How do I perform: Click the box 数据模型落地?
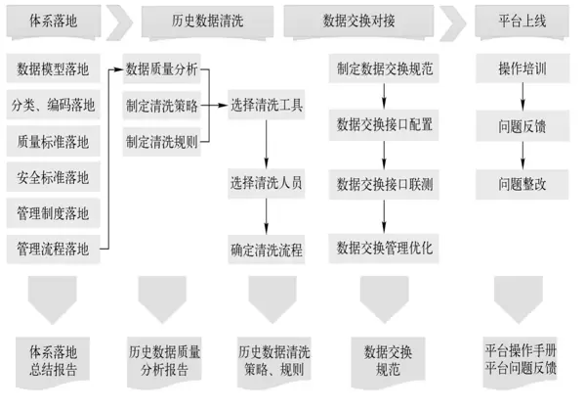click(x=53, y=68)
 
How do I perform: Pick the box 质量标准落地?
click(x=53, y=141)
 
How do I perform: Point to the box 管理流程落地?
click(x=53, y=250)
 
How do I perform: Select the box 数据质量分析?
click(x=162, y=68)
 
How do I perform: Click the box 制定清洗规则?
click(x=162, y=141)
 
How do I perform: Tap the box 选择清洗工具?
click(x=267, y=105)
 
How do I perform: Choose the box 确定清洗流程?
click(x=267, y=250)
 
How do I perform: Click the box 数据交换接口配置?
click(x=384, y=125)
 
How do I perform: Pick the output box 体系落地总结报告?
click(x=53, y=360)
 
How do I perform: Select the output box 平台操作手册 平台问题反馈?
click(x=521, y=359)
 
